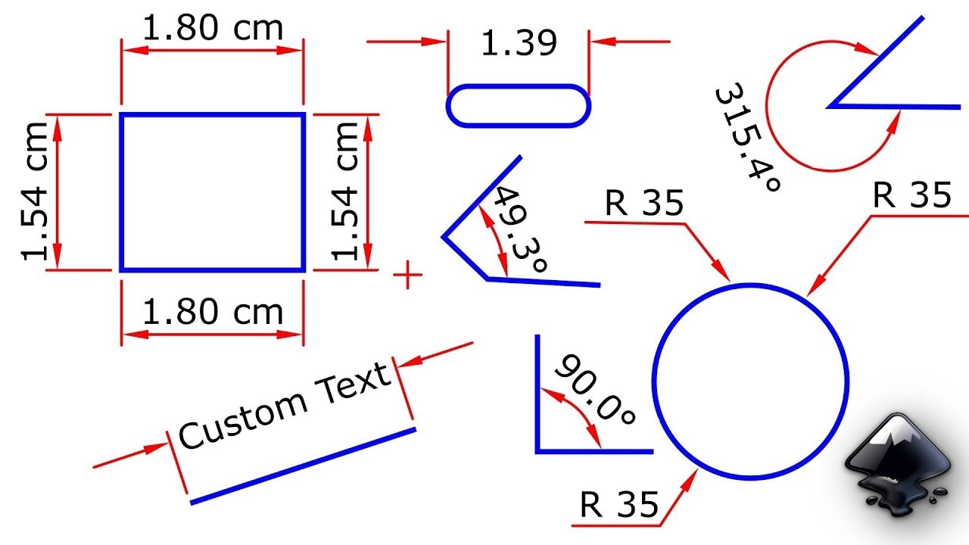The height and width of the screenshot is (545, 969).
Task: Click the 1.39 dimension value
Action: click(x=519, y=44)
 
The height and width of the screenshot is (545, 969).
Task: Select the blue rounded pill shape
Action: click(x=519, y=105)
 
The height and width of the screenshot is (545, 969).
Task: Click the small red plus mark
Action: click(x=408, y=275)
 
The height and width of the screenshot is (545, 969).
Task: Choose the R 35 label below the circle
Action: click(x=619, y=505)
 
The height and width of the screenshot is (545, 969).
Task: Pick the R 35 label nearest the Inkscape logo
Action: click(x=911, y=195)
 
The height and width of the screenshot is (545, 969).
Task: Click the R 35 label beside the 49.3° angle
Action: click(x=644, y=203)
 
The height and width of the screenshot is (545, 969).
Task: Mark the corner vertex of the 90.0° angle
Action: click(x=537, y=451)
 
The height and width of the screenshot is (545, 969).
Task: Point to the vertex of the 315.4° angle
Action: click(x=830, y=107)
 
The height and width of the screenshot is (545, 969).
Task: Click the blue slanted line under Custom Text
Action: click(x=303, y=466)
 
